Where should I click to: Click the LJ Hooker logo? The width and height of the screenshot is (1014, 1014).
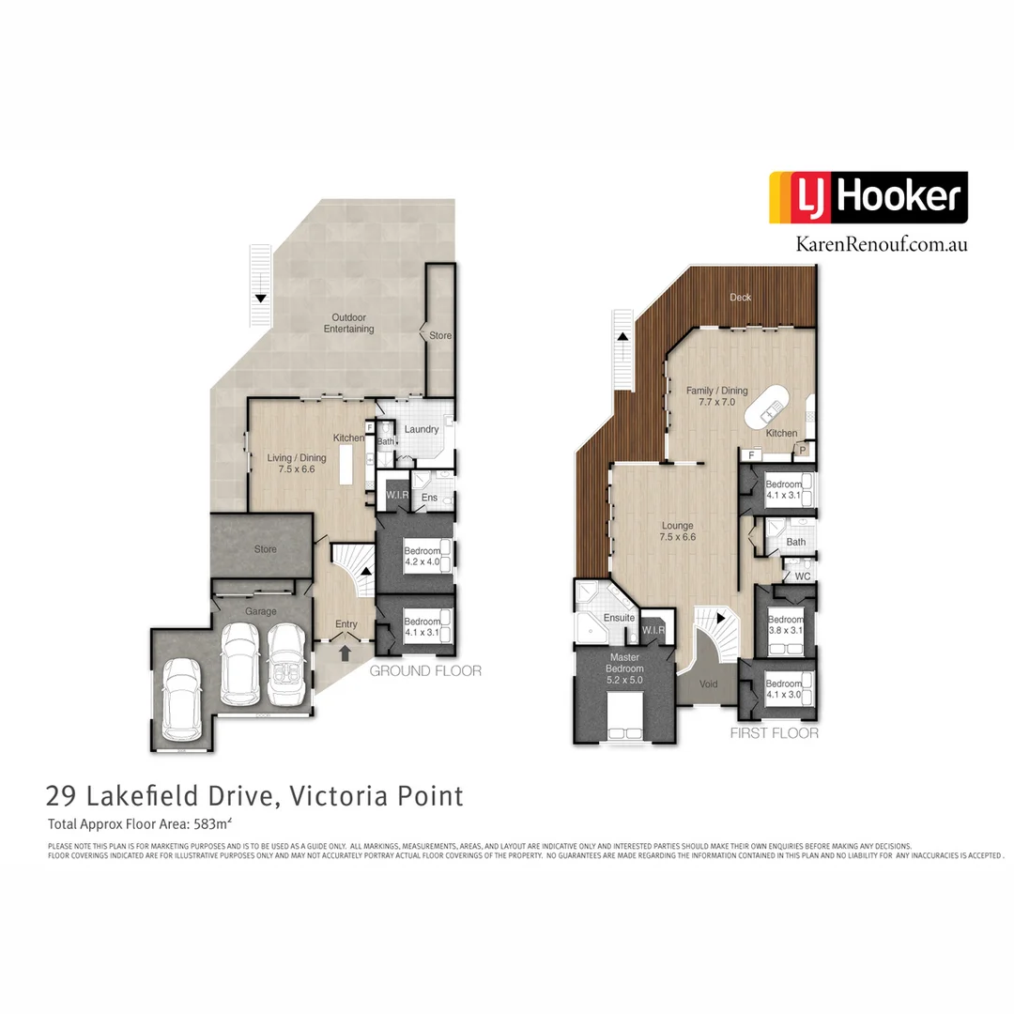coord(868,197)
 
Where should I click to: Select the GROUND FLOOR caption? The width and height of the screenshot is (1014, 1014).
coord(425,670)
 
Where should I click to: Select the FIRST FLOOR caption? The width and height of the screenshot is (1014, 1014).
coord(774,733)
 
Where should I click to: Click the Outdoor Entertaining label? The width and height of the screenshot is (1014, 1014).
coord(348,323)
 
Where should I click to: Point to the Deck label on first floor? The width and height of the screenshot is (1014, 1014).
coord(741,298)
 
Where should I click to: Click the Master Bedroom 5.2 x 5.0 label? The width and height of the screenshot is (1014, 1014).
coord(624,662)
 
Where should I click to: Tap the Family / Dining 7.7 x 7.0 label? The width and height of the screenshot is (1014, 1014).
coord(716,396)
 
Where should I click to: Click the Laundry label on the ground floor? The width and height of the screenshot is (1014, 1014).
coord(422,429)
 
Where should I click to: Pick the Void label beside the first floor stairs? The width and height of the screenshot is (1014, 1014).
coord(709,684)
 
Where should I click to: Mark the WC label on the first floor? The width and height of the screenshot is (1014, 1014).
coord(803,576)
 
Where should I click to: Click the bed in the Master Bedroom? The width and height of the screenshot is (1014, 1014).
coord(625,716)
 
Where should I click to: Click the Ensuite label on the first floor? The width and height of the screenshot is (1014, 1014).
coord(619,618)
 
